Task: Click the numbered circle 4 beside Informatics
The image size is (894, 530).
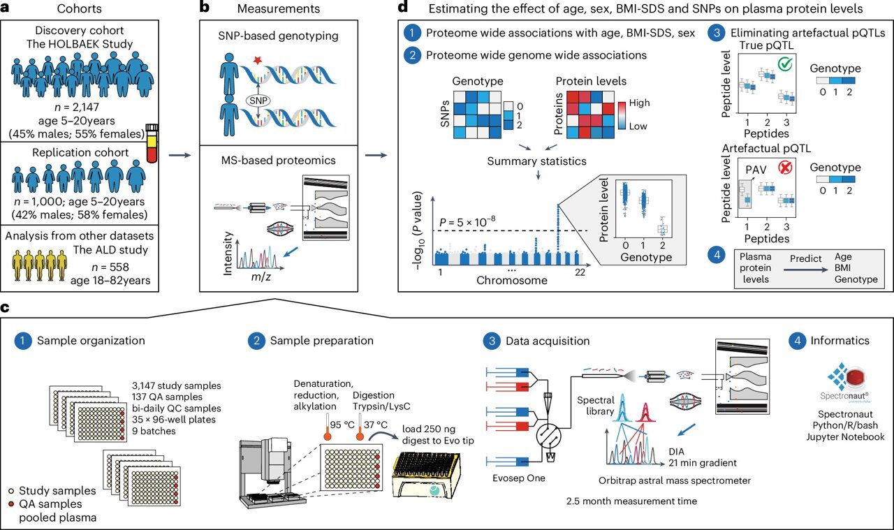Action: click(796, 341)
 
